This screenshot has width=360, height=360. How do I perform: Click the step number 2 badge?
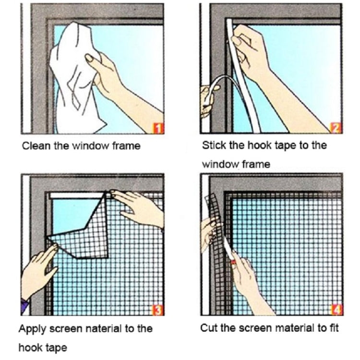336,128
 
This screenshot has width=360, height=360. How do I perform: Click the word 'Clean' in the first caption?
36,145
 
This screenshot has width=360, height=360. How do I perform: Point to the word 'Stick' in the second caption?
214,145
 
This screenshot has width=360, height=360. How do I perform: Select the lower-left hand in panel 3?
38,269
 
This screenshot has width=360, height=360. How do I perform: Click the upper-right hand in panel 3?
139,206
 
